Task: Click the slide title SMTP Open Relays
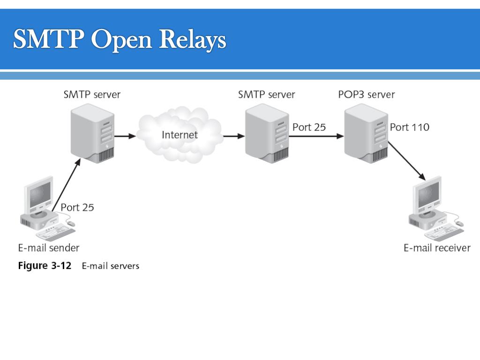(120, 39)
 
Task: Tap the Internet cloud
(180, 135)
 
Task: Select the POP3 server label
(367, 94)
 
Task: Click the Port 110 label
(410, 127)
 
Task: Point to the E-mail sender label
(49, 247)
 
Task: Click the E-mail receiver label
(437, 247)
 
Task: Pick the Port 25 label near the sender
(77, 208)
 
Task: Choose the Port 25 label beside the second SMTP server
(309, 127)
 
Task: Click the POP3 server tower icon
(366, 134)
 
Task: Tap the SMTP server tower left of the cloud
(92, 134)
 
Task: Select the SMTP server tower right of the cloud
(267, 134)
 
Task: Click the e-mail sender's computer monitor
(39, 195)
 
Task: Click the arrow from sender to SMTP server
(67, 185)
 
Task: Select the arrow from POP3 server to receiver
(407, 161)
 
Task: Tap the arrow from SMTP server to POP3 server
(316, 136)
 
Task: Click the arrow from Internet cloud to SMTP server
(234, 136)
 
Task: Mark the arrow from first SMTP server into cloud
(125, 136)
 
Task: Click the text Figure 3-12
(45, 265)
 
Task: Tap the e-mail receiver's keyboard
(444, 232)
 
